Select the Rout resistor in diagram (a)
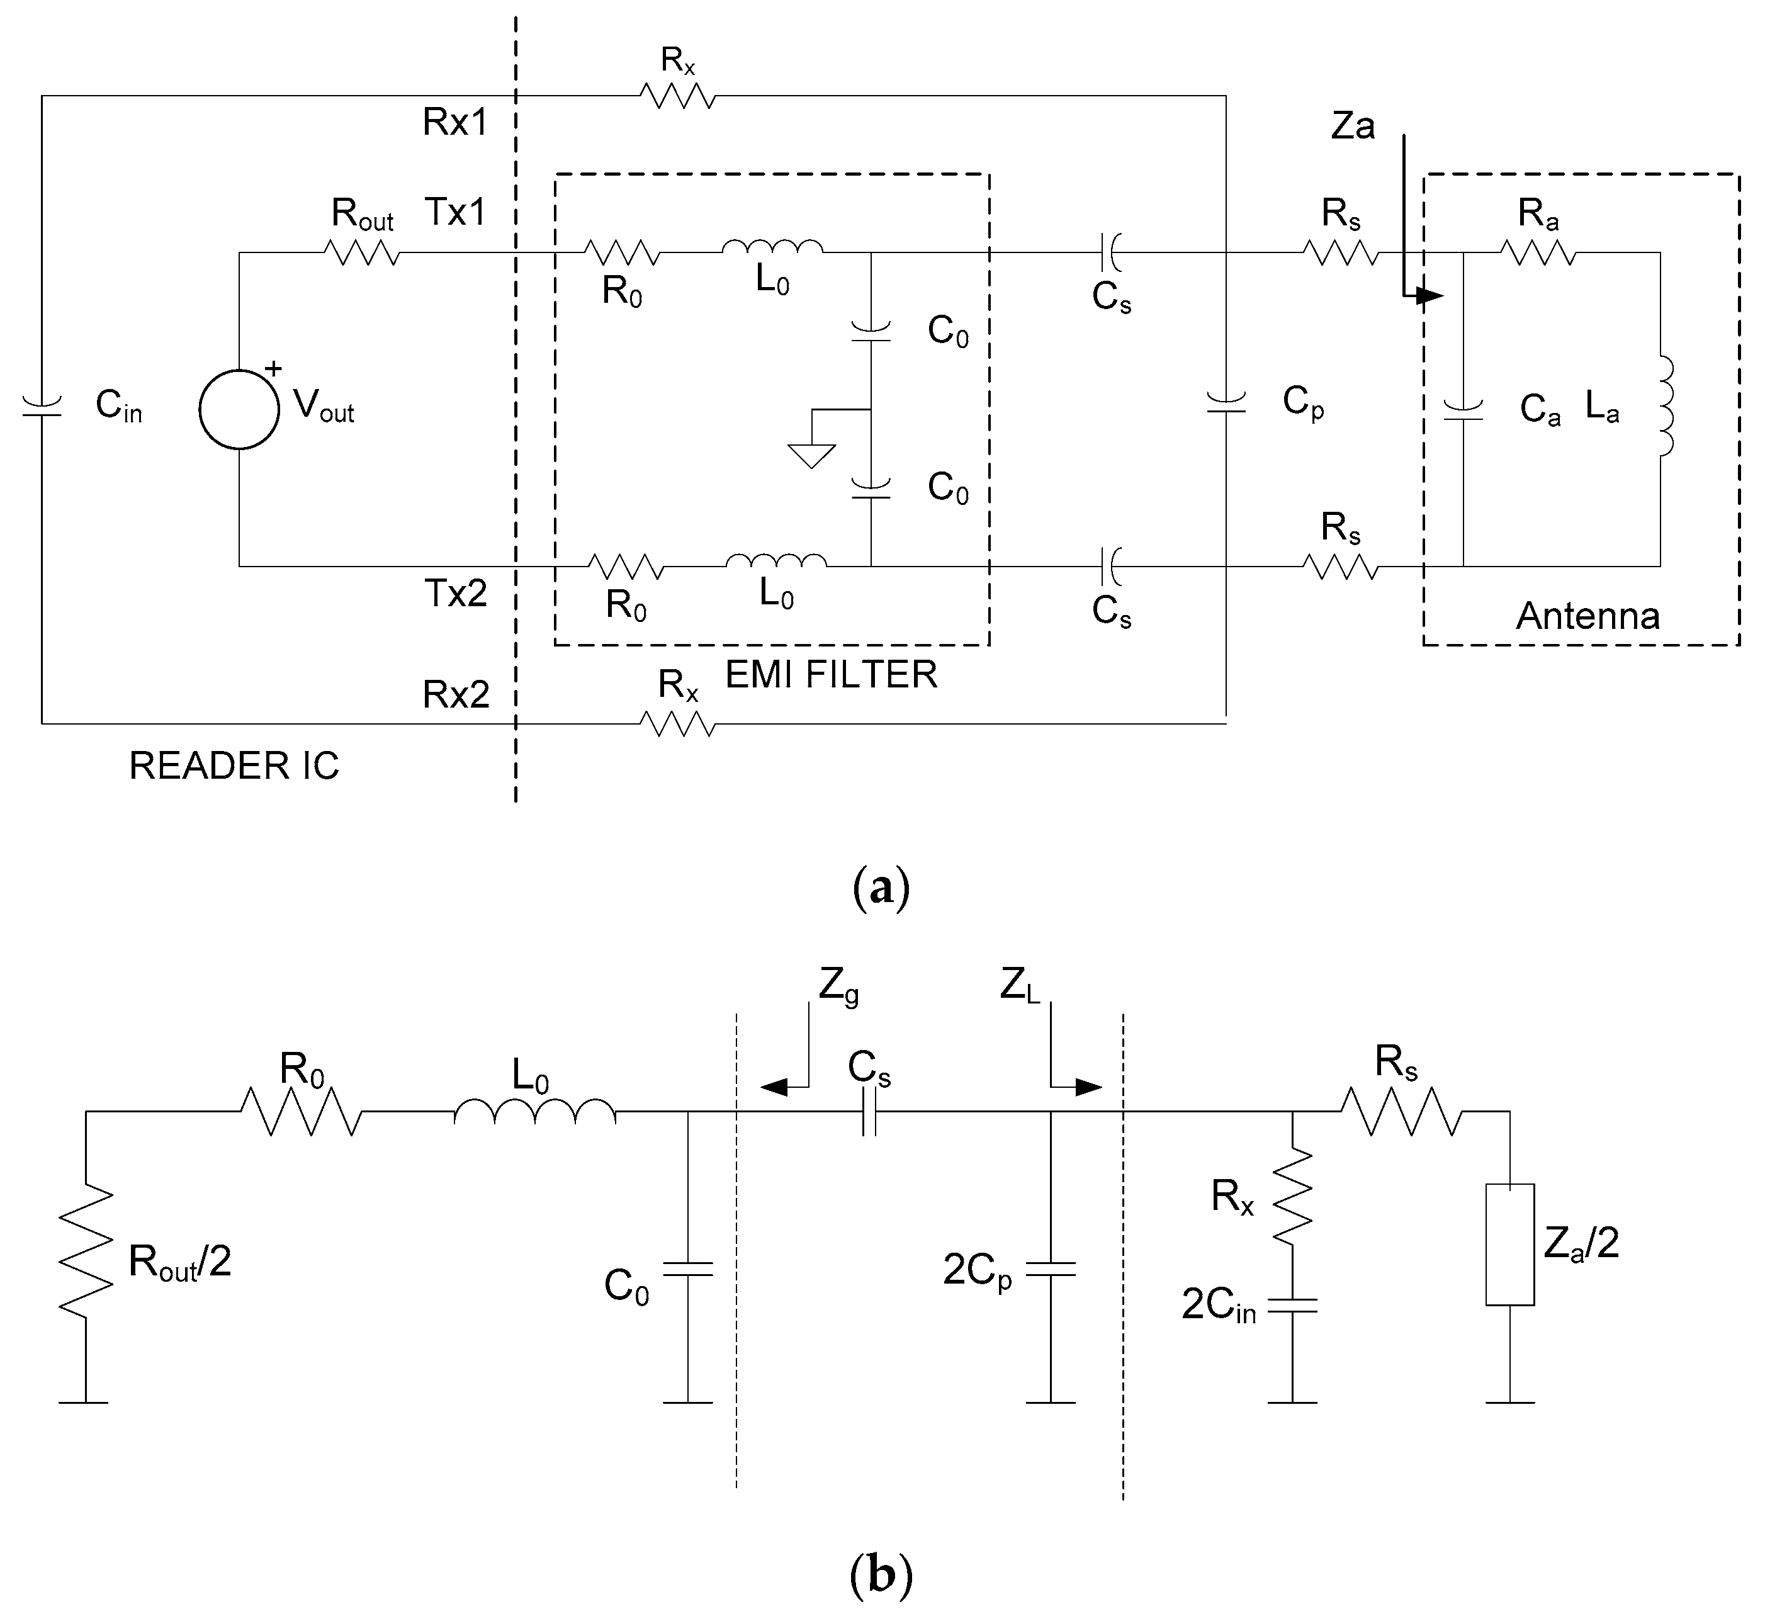(363, 254)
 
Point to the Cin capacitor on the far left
(42, 407)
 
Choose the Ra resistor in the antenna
(1537, 254)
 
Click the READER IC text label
(234, 765)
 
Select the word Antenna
(1587, 616)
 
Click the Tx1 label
(455, 213)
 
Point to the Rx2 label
(455, 695)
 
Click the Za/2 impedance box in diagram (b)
(1509, 1245)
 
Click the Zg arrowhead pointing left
(774, 1087)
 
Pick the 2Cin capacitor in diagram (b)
(1292, 1306)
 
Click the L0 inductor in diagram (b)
(535, 1113)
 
